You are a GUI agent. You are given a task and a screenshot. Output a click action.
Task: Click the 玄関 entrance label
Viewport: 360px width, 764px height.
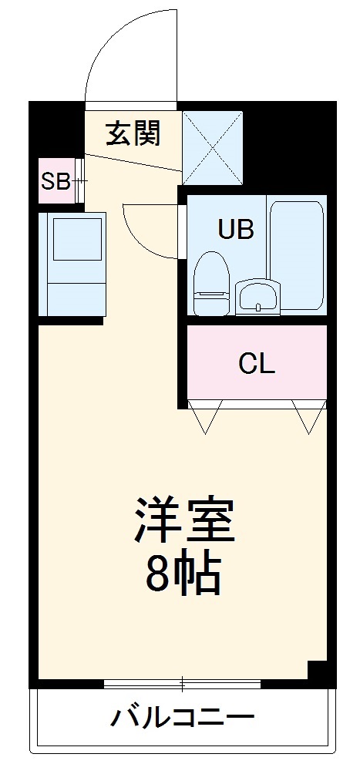[133, 133]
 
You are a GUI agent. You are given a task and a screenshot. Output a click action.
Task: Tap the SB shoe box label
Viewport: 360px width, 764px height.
[56, 182]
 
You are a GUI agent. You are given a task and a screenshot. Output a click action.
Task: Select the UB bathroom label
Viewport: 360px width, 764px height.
[235, 229]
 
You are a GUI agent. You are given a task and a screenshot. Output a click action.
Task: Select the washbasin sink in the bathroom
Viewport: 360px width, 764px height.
[257, 297]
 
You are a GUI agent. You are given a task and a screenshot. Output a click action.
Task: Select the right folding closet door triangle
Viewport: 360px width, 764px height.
[311, 416]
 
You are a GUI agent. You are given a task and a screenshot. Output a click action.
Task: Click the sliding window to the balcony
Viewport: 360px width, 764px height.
[182, 683]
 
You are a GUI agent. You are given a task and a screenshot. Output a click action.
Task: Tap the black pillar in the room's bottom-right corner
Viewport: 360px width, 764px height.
[318, 670]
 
